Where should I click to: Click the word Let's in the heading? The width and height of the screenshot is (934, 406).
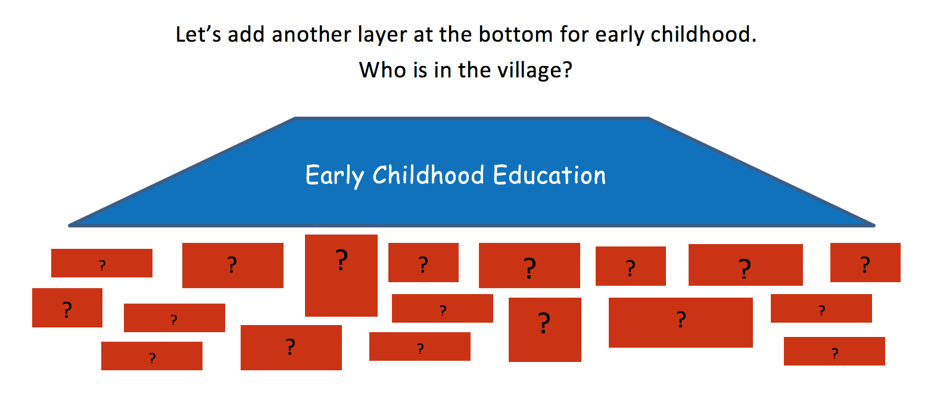pos(198,34)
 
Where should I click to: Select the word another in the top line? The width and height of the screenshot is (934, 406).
pos(312,34)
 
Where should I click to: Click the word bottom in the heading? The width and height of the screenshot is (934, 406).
pos(515,34)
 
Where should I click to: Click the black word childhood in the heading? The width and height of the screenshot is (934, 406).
pos(700,34)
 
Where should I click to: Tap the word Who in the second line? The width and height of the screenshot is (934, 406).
pos(383,70)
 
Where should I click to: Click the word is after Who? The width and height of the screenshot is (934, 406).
pos(421,70)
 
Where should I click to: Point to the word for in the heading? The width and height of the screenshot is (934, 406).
pos(574,34)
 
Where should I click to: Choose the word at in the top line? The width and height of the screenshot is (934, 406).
pos(422,35)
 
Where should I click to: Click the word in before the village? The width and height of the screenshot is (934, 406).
pos(443,70)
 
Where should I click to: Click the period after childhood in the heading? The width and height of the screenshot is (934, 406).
pos(754,41)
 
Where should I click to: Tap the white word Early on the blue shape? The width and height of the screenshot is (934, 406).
pos(335,176)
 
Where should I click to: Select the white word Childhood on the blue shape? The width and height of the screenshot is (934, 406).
pos(428,174)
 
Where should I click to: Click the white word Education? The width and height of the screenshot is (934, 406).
pos(550,174)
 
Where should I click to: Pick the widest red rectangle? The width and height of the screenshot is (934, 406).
pos(680,322)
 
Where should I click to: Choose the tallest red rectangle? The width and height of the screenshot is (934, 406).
pos(341,276)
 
